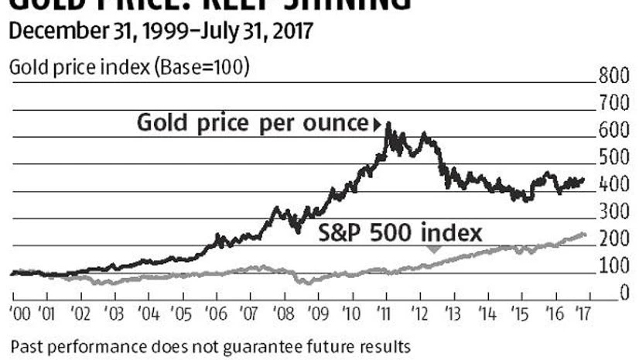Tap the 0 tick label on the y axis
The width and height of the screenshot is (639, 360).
(621, 293)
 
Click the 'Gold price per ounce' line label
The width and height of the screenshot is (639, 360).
(254, 122)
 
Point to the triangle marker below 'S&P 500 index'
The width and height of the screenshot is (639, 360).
(434, 249)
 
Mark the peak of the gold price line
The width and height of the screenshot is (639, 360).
(387, 124)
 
